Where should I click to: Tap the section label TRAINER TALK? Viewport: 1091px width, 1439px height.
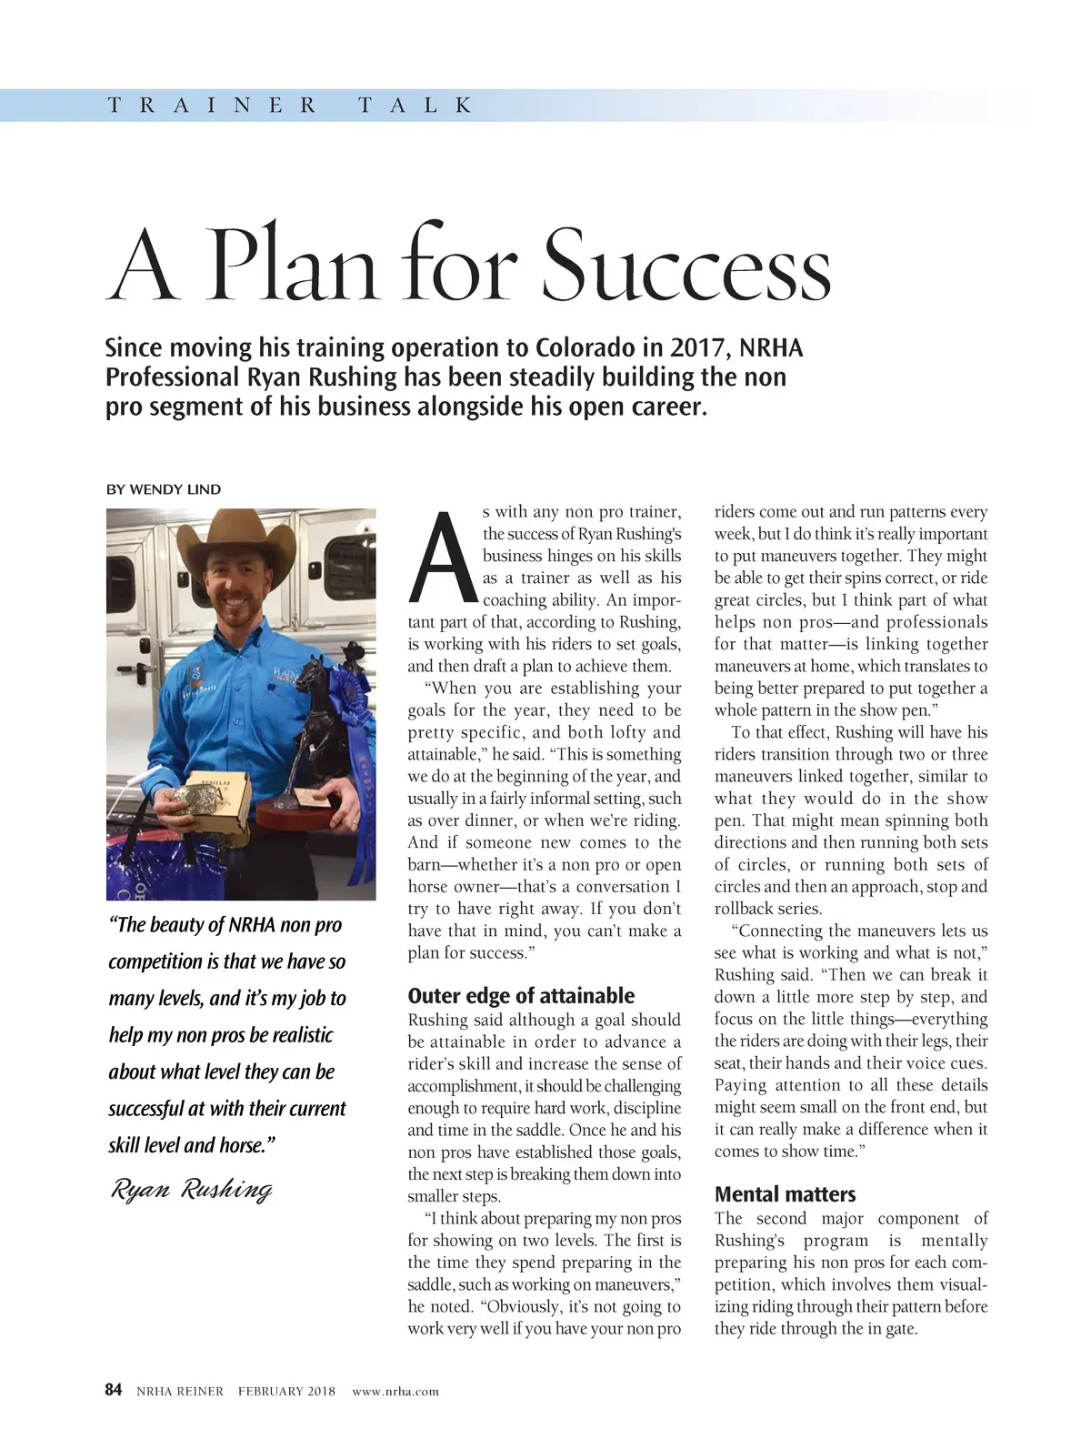coord(290,106)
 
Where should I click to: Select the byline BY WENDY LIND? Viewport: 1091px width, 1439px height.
coord(164,489)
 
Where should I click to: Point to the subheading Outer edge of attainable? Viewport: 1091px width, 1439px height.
coord(521,995)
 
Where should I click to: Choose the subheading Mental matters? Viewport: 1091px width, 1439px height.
coord(785,1193)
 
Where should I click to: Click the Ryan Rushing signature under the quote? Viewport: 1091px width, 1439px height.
coord(191,1189)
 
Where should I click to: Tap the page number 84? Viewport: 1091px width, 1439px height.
coord(114,1390)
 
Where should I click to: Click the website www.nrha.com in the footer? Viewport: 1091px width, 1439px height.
coord(395,1391)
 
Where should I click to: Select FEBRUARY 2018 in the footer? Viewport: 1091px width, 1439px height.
coord(286,1391)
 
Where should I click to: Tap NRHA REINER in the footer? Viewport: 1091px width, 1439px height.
coord(179,1391)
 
